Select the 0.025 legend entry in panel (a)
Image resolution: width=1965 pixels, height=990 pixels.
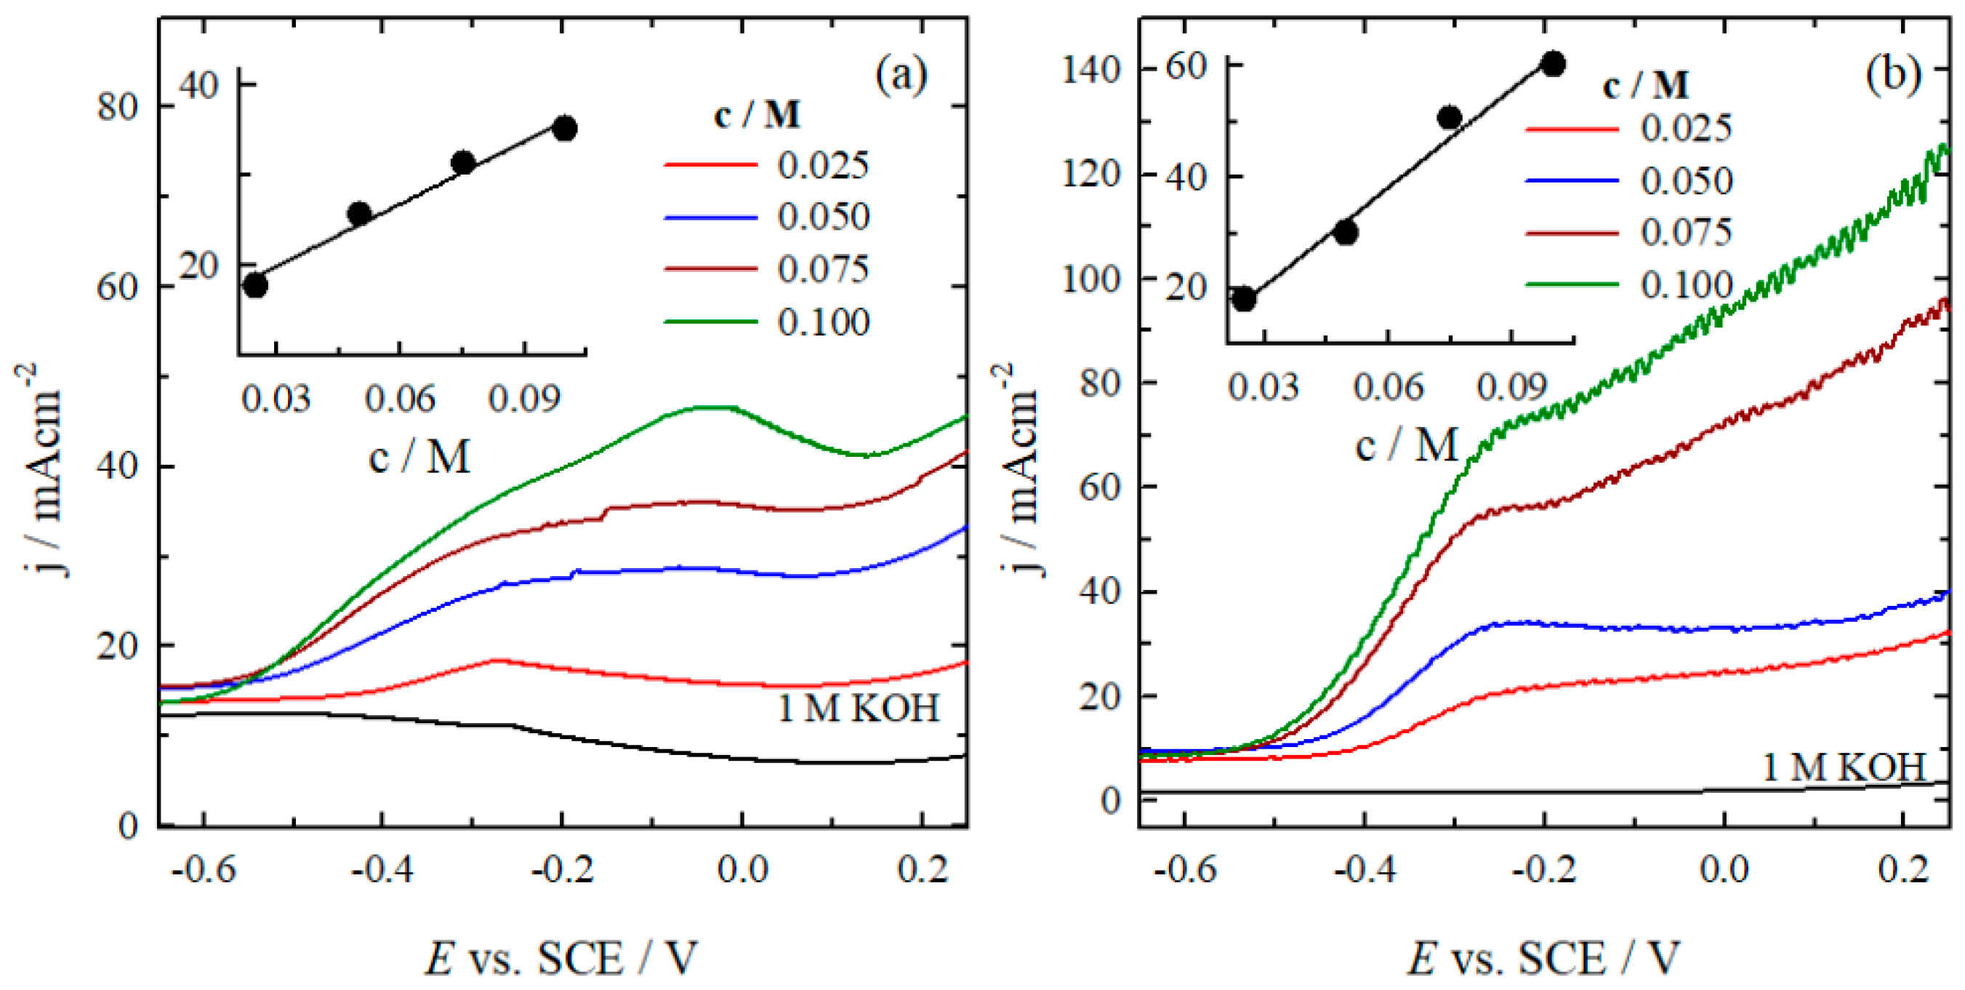click(822, 165)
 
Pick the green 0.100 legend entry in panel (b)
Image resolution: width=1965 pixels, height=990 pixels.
click(1687, 284)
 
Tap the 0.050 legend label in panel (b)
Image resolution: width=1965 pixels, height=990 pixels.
click(1687, 181)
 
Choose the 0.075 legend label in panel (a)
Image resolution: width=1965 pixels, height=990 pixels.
click(822, 268)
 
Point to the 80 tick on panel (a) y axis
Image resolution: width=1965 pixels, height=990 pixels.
click(117, 106)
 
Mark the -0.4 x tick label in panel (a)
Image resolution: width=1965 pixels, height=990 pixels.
click(382, 869)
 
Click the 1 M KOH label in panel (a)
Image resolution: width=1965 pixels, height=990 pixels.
click(858, 708)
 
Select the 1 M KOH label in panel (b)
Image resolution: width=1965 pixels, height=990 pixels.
click(1844, 767)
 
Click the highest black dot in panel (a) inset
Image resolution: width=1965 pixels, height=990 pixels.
click(564, 128)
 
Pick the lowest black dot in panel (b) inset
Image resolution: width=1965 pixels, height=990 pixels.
click(1243, 299)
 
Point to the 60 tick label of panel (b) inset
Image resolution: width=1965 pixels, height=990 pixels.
click(1186, 65)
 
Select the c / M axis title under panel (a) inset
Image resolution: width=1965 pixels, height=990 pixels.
click(419, 458)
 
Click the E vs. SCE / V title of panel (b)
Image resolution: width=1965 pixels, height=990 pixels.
click(1543, 958)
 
